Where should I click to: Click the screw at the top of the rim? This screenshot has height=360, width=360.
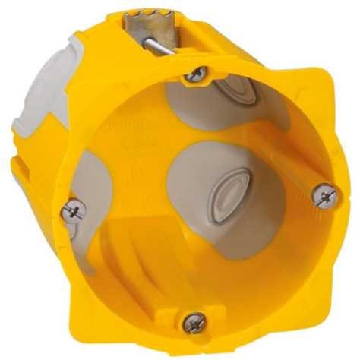click(197, 74)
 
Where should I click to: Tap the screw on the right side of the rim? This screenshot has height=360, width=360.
click(324, 195)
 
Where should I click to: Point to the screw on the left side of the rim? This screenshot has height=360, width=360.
click(74, 210)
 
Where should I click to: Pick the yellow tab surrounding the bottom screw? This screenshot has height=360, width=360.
click(194, 334)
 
